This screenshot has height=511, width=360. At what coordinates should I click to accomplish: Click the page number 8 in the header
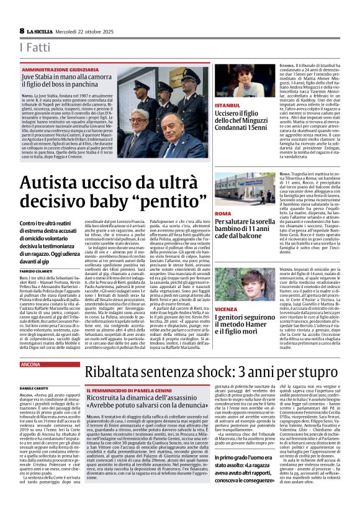pos(22,30)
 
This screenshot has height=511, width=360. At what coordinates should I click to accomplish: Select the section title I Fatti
pos(33,48)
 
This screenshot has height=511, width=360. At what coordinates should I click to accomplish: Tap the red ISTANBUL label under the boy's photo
pos(227,106)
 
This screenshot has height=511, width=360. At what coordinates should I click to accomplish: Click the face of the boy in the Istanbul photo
pos(246,79)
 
